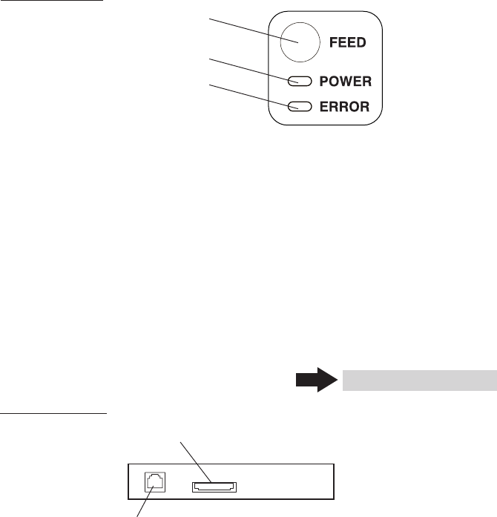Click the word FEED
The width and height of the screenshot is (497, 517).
(x=348, y=42)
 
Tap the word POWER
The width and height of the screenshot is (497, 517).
(x=345, y=81)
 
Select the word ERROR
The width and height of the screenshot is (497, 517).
(x=344, y=107)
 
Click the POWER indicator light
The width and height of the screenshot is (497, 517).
(x=300, y=81)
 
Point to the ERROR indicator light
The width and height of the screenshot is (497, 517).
(x=300, y=107)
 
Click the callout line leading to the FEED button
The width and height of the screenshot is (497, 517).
(x=254, y=30)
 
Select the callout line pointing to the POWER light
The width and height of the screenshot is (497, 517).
(x=254, y=70)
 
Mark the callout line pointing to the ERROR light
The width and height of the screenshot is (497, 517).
(x=254, y=96)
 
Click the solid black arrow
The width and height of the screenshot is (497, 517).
(x=317, y=380)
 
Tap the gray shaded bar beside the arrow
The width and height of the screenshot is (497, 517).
(x=420, y=381)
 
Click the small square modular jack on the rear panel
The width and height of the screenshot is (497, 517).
(x=155, y=482)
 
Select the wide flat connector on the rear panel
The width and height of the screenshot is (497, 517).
(x=214, y=487)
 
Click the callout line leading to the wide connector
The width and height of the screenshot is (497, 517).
(x=196, y=462)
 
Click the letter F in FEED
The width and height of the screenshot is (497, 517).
(x=333, y=42)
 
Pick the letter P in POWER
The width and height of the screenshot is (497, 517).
(x=323, y=81)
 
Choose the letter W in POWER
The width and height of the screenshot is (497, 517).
(x=346, y=81)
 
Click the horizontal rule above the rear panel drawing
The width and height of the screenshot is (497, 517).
(x=53, y=412)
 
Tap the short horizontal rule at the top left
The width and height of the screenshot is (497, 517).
(x=51, y=0)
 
